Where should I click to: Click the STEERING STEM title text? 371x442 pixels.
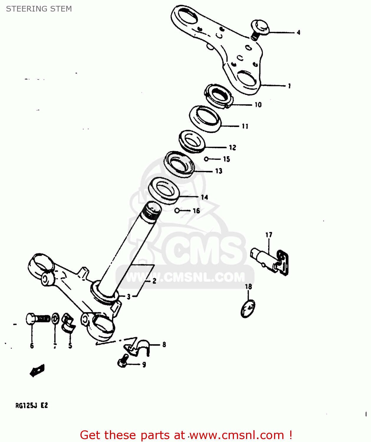[x=39, y=9]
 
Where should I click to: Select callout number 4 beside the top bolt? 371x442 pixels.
[x=298, y=32]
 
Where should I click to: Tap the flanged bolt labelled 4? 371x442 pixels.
[x=259, y=28]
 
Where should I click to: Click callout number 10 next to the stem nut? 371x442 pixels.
[x=258, y=105]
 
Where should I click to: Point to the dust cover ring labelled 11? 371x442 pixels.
[x=205, y=119]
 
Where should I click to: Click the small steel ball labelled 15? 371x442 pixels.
[x=206, y=159]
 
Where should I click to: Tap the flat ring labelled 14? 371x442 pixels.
[x=164, y=190]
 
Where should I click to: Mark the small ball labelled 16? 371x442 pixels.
[x=177, y=211]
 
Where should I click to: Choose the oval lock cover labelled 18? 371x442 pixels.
[x=248, y=309]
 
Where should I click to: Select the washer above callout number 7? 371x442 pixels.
[x=55, y=319]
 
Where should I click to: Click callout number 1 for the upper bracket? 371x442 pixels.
[x=289, y=86]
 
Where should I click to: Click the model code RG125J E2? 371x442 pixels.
[x=32, y=405]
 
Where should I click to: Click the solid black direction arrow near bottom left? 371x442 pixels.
[x=37, y=370]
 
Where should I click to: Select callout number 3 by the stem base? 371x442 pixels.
[x=128, y=297]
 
